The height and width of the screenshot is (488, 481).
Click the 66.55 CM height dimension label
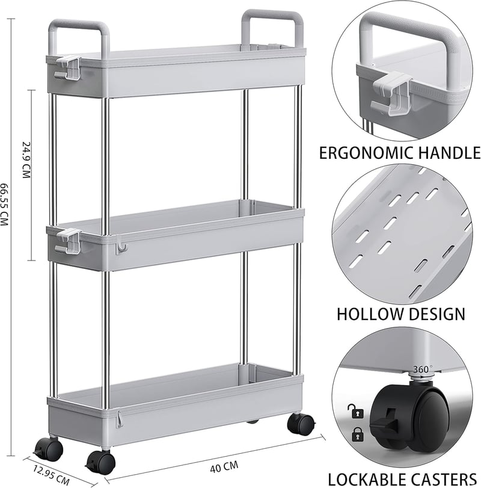4,204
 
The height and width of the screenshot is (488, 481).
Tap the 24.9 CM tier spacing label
26,159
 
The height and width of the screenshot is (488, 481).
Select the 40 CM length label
224,466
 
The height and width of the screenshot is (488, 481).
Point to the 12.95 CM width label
51,475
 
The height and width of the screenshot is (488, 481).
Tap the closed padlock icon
357,434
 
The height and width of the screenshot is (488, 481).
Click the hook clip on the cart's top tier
68,67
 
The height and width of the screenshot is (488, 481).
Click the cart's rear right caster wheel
301,424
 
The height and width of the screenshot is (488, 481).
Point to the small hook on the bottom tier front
119,419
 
